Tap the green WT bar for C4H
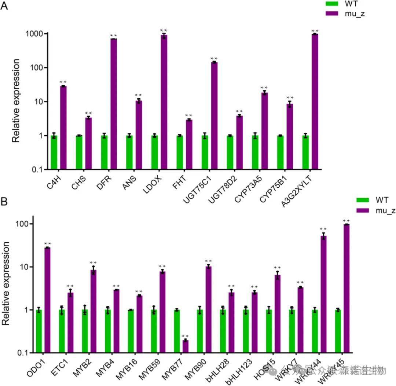coord(54,152)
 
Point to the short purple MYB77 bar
coord(186,346)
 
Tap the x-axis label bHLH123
coord(239,370)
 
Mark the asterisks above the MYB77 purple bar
coord(186,336)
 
